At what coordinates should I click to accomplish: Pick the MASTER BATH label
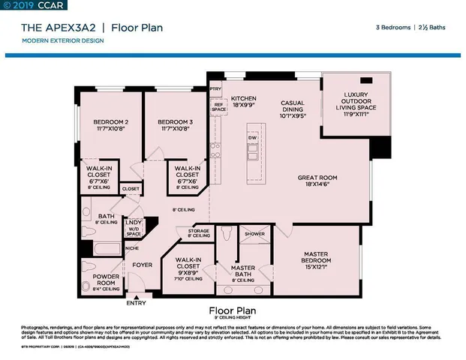(243, 271)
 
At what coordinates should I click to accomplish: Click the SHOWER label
(254, 234)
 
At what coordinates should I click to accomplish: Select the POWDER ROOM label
(106, 280)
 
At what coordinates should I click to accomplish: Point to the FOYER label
(143, 265)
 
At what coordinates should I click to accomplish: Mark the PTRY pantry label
(216, 88)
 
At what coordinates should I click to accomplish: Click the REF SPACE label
(218, 107)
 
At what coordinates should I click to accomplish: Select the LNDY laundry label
(134, 223)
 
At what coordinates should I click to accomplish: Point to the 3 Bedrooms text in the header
(392, 28)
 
